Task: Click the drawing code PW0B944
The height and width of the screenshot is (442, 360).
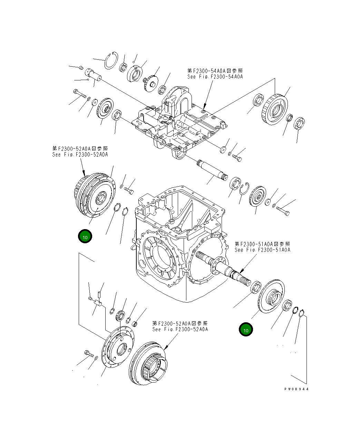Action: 296,389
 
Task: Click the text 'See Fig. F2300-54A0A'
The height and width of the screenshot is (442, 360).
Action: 215,77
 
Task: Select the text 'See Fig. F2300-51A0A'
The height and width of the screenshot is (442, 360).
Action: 262,250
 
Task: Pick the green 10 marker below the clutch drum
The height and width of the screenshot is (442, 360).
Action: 85,236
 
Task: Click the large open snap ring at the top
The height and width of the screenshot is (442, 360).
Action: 111,60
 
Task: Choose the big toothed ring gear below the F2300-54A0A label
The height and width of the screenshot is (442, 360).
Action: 275,109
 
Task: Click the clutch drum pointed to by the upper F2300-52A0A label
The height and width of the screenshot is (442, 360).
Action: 95,195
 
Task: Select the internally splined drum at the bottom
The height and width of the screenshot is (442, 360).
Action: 148,363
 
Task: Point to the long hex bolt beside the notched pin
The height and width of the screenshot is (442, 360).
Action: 80,94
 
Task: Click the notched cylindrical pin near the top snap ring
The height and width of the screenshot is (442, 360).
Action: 93,74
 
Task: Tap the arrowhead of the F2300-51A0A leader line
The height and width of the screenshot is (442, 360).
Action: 241,271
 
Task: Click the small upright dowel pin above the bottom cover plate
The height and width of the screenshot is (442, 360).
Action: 99,294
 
